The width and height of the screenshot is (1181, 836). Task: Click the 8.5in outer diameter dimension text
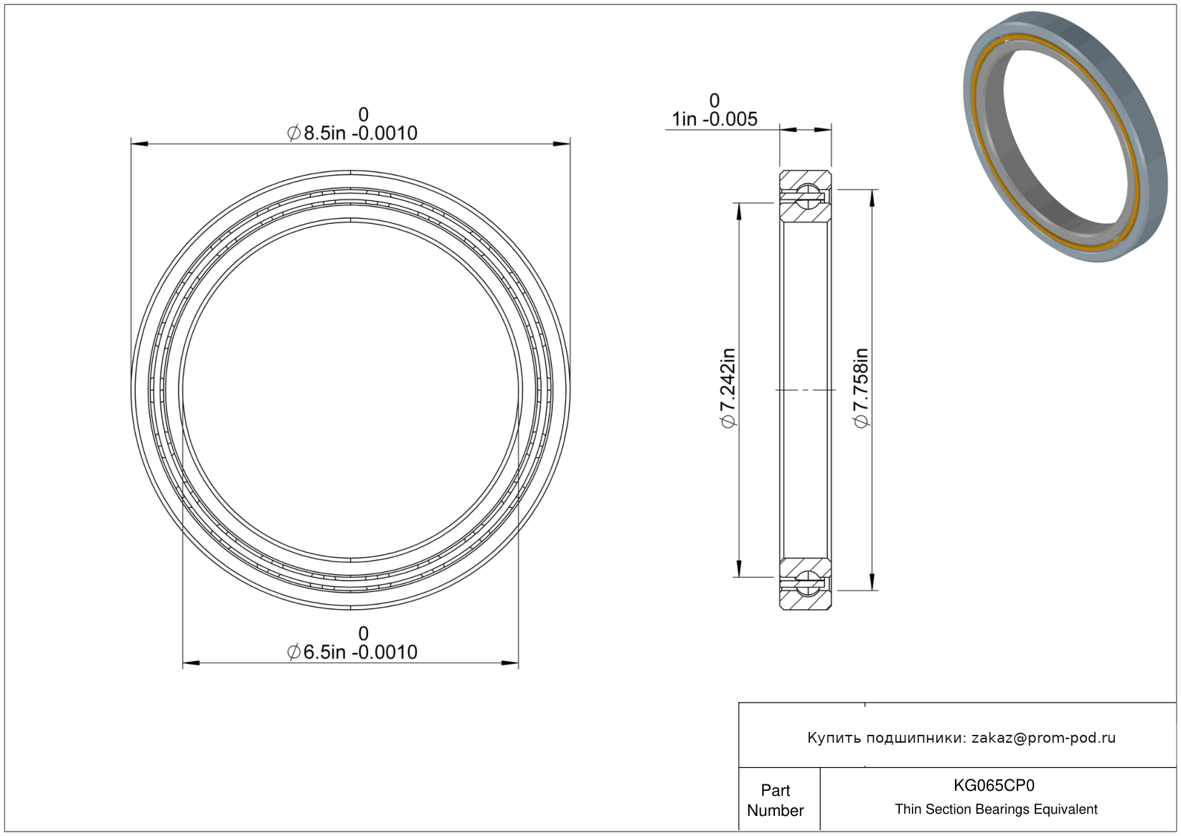352,133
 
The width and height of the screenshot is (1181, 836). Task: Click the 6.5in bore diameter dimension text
352,652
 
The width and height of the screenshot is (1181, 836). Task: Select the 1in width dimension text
715,119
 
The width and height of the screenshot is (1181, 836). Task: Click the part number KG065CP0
994,785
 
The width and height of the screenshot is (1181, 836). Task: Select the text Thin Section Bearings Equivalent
996,809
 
